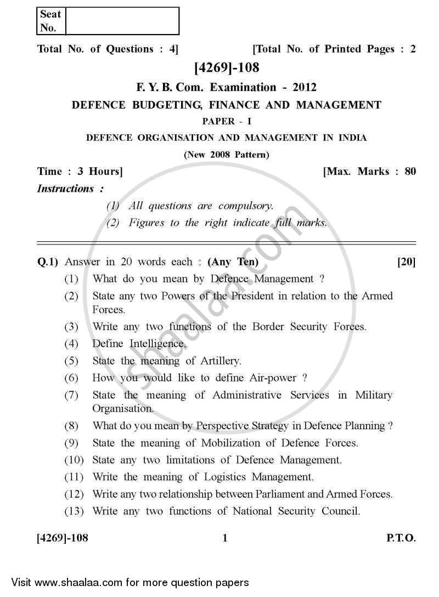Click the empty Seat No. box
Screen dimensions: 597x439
tap(122, 21)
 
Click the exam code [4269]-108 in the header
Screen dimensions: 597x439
tap(226, 68)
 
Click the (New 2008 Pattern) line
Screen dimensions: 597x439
tap(226, 155)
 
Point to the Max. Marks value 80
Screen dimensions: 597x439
tap(410, 172)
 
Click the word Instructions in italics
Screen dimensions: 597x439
tap(66, 189)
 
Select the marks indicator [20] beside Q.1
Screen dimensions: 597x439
tap(406, 262)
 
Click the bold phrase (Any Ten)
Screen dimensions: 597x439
tap(233, 262)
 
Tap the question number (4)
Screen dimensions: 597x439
tap(72, 344)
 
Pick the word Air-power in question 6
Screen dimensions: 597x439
tap(273, 378)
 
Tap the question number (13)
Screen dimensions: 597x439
tap(74, 511)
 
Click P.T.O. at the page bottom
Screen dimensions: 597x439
tap(401, 539)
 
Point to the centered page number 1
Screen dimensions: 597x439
tap(225, 539)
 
